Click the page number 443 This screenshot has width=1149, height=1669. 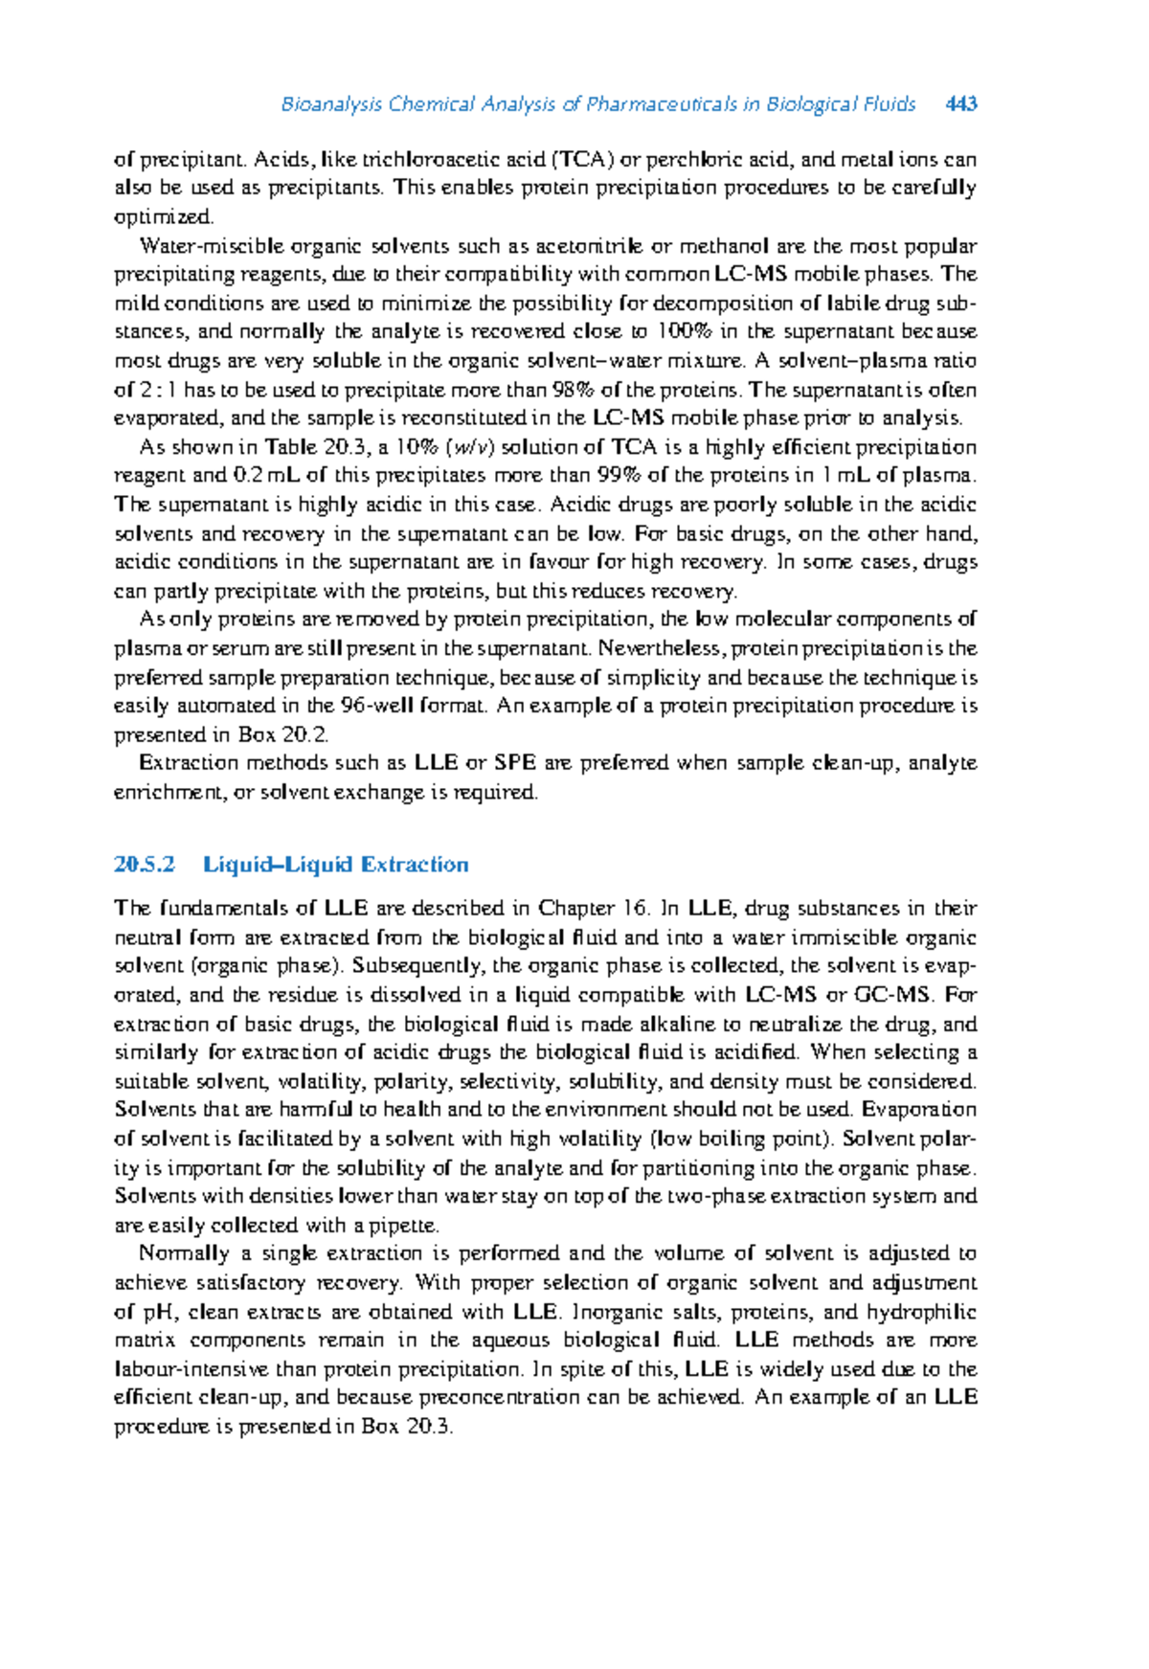click(960, 103)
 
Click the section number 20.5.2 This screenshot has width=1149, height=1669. click(145, 865)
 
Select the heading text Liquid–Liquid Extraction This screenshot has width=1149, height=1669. click(336, 865)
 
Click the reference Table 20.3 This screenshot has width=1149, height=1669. click(313, 447)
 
